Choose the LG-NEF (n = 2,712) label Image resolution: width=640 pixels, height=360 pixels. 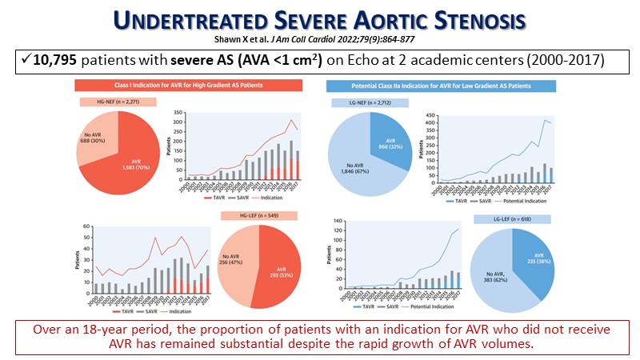pyautogui.click(x=369, y=103)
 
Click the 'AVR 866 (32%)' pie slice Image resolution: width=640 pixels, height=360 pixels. pyautogui.click(x=389, y=136)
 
